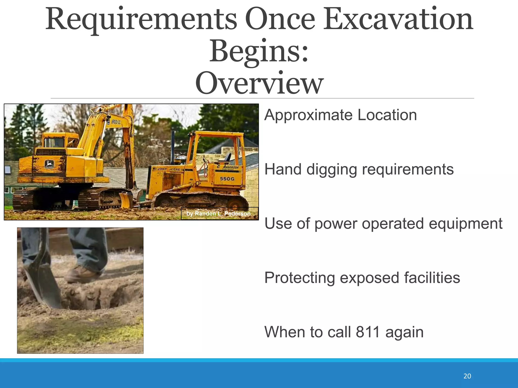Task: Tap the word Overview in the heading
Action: click(x=259, y=83)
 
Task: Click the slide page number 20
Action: click(x=467, y=376)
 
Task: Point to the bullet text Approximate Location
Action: click(x=340, y=115)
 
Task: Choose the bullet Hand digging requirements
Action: click(x=359, y=169)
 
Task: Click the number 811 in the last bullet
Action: click(x=368, y=332)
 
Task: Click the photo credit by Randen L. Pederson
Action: click(x=219, y=214)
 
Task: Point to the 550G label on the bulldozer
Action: click(x=227, y=179)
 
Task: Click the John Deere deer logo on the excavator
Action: click(x=49, y=164)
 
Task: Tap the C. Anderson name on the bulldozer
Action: click(x=228, y=167)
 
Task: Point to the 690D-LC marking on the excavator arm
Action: click(x=116, y=122)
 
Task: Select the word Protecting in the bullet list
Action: click(x=299, y=278)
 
